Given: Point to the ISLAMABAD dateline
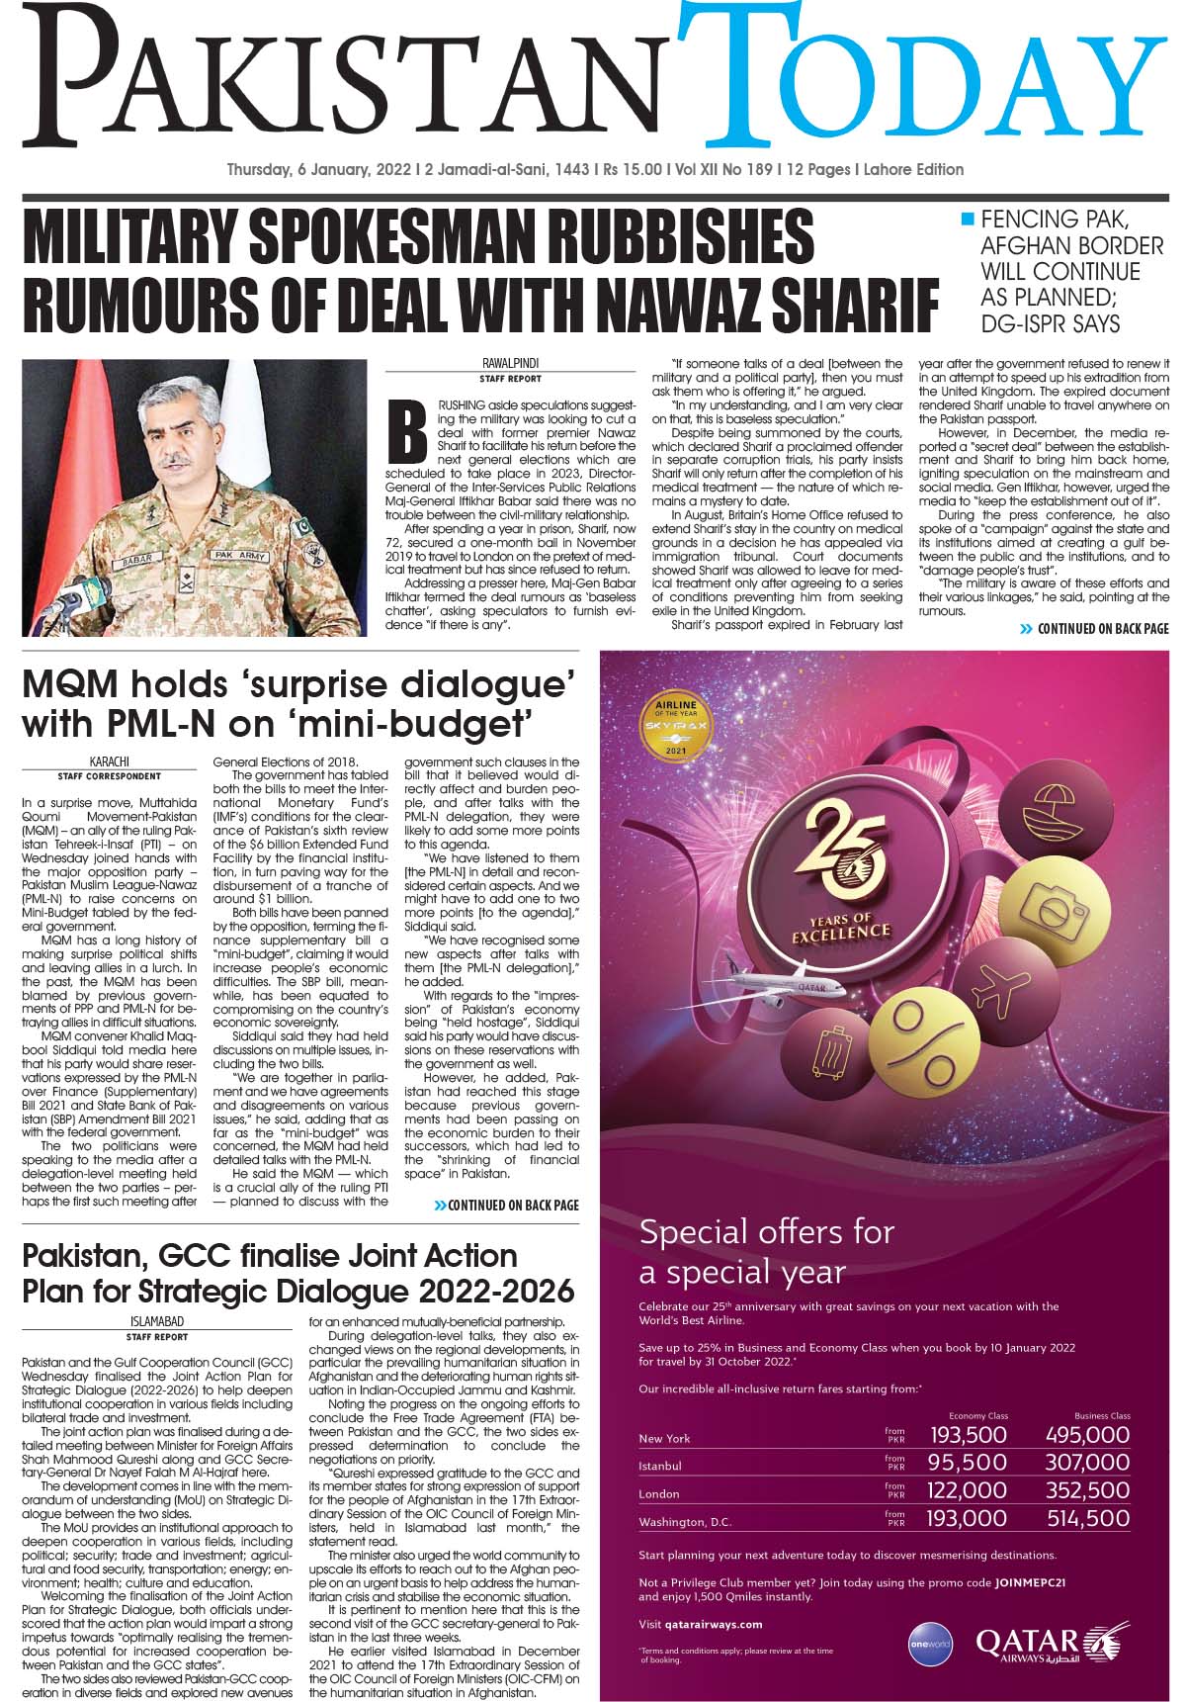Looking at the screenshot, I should pos(157,1320).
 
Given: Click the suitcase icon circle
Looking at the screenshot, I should pos(832,1052).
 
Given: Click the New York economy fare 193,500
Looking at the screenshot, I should pos(967,1434).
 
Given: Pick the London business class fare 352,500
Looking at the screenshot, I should pos(1086,1489).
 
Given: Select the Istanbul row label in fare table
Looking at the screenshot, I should pos(660,1466).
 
